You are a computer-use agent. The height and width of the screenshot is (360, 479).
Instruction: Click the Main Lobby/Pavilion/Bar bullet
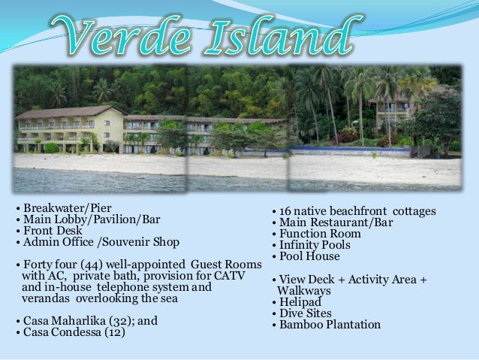point(87,219)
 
